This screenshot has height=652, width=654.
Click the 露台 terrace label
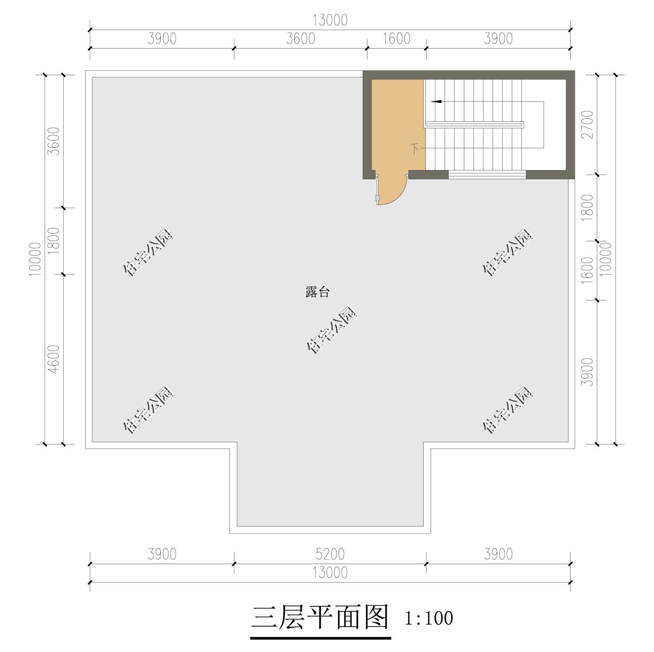317,292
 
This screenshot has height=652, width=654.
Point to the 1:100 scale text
429,618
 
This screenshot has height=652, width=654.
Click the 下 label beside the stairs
415,149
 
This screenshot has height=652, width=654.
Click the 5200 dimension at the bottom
330,554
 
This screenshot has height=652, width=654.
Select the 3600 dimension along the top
300,39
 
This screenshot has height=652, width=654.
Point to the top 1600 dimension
396,39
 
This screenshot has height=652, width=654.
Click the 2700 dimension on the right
588,125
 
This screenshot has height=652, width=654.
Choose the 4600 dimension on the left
54,359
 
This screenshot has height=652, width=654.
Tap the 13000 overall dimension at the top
330,20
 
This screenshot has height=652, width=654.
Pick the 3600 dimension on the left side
54,141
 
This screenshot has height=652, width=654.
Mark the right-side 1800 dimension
588,207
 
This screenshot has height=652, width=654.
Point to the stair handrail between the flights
474,125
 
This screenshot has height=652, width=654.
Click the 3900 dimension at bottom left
162,554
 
